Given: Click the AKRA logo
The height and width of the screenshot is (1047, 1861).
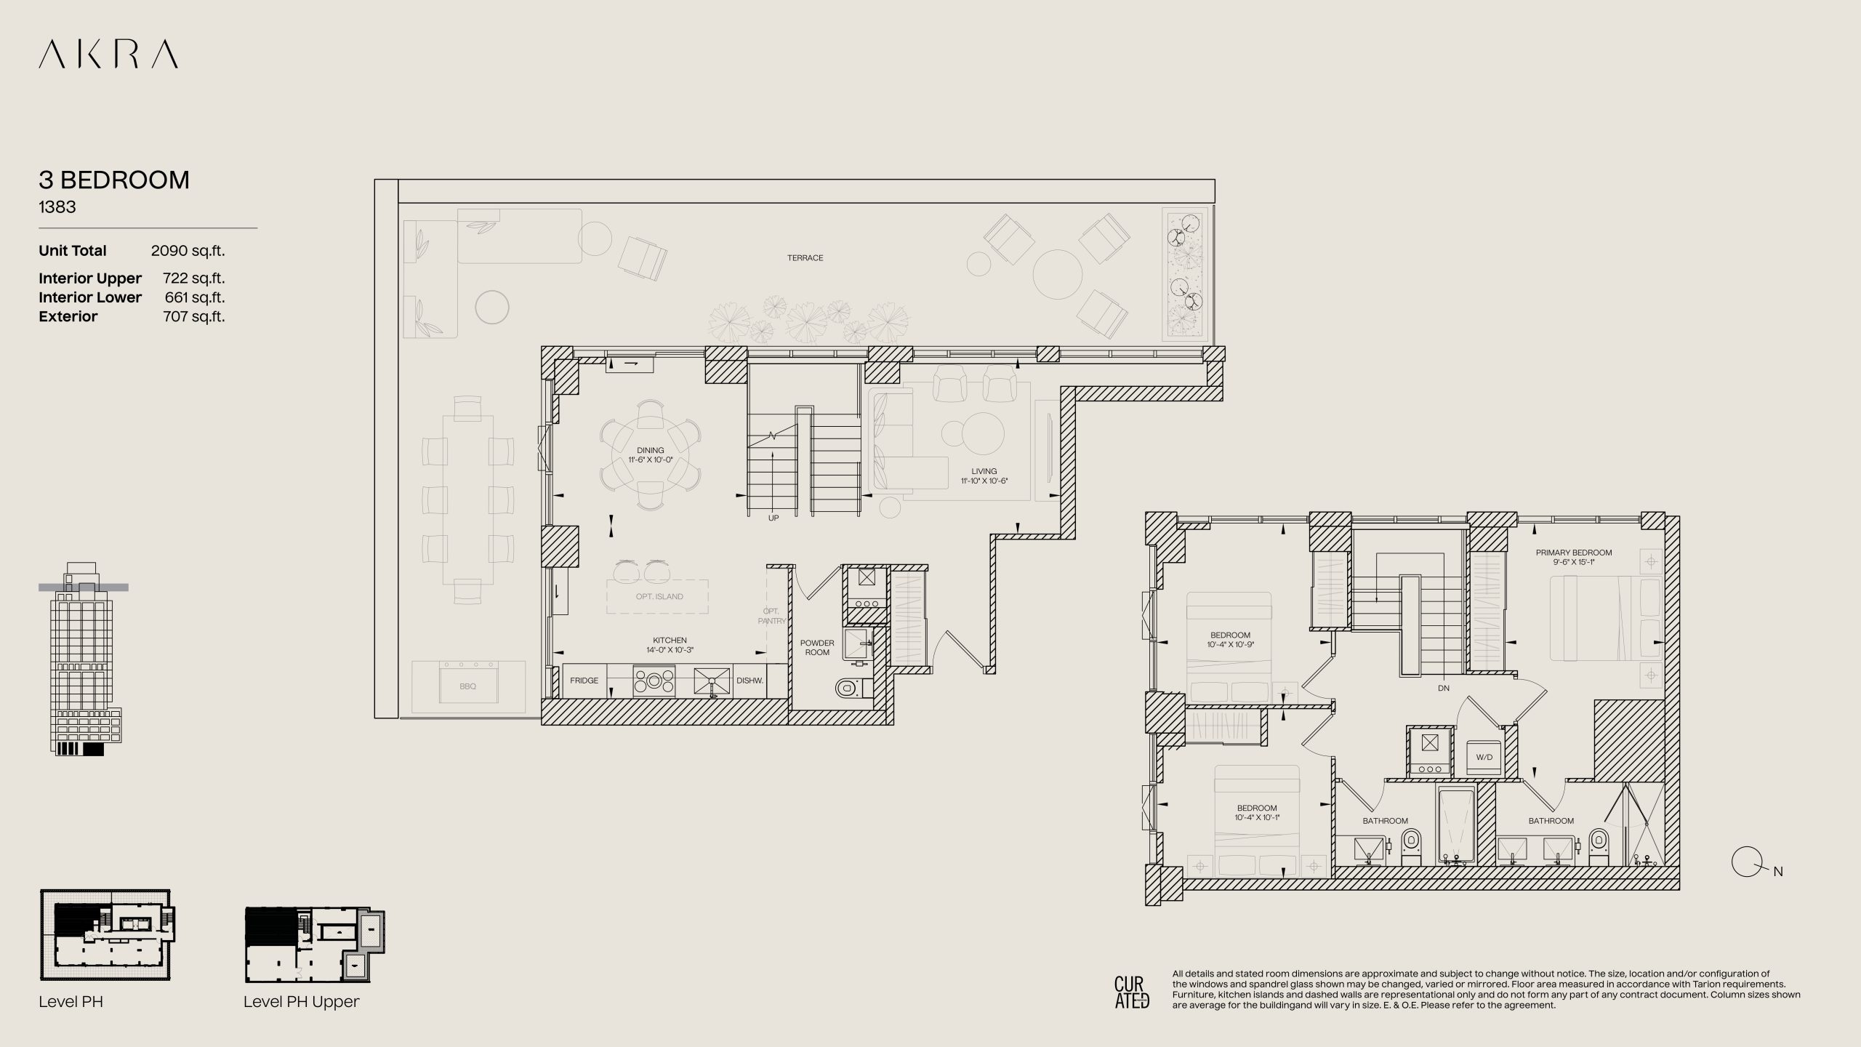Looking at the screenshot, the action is click(x=108, y=55).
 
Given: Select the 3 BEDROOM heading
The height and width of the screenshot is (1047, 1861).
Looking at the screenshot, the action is click(x=114, y=180).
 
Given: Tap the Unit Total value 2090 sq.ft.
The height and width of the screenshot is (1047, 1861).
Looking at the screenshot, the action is click(x=188, y=251).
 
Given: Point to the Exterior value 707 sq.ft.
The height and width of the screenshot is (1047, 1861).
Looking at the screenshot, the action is click(x=194, y=316).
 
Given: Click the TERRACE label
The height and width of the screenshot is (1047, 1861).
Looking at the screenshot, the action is click(x=805, y=258).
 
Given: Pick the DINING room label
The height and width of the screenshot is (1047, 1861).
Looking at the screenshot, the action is click(x=651, y=451).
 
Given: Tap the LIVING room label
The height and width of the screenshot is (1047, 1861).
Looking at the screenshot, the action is click(x=984, y=471).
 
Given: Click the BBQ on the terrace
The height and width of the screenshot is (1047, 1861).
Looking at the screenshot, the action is click(x=468, y=686).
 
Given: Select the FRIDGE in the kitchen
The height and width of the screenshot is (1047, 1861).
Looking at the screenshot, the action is click(x=584, y=681).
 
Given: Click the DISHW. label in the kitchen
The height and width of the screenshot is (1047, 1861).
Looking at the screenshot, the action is click(x=749, y=681).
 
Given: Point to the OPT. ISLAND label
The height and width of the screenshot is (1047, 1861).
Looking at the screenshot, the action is click(x=659, y=596).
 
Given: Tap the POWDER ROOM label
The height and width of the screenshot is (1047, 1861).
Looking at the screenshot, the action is click(x=817, y=647).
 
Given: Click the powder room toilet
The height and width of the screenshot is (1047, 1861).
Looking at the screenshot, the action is click(x=850, y=686).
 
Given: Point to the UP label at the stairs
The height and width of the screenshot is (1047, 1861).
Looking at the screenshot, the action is click(x=773, y=518).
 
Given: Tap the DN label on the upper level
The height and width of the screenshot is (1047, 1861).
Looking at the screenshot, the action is click(x=1444, y=688).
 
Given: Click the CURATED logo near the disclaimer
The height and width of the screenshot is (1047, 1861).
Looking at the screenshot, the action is click(x=1132, y=992).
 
